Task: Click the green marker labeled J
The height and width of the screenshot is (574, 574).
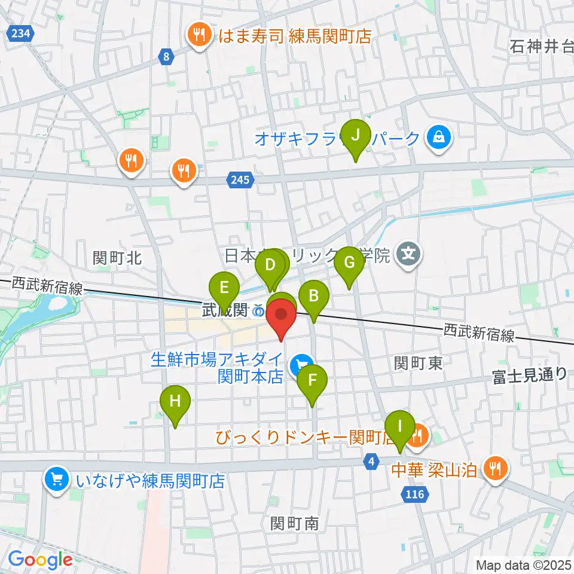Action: (x=355, y=135)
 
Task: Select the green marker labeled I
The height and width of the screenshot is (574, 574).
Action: (x=399, y=427)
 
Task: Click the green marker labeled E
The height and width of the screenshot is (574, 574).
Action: (x=224, y=288)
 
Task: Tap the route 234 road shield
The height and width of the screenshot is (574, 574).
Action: (x=20, y=34)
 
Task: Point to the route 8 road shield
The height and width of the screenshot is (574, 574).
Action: (x=166, y=57)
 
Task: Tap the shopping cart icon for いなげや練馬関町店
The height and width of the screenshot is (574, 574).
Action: (x=57, y=479)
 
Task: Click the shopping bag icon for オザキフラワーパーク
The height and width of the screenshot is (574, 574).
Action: (x=439, y=139)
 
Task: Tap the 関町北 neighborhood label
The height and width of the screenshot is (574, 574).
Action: (x=117, y=258)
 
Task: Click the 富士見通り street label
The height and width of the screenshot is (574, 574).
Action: (x=529, y=375)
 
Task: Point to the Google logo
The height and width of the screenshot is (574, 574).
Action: (x=40, y=560)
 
